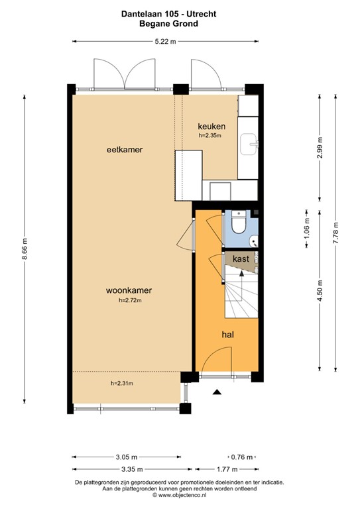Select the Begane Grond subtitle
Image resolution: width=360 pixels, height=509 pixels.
(x=178, y=23)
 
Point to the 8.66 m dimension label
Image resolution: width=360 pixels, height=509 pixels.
(x=25, y=251)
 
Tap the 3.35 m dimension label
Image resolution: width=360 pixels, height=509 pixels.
(x=126, y=469)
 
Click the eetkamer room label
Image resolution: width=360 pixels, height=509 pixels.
(x=125, y=150)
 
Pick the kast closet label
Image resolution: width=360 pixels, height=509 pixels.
(x=241, y=259)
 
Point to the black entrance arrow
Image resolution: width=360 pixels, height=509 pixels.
(x=216, y=392)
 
